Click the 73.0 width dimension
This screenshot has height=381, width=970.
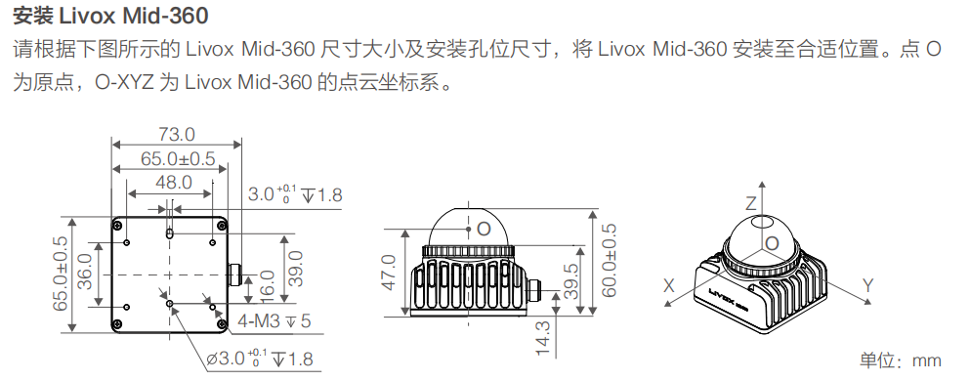tap(176, 134)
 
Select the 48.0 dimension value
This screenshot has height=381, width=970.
tap(173, 183)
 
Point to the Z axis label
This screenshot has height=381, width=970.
tap(751, 203)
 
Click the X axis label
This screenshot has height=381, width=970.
tap(669, 285)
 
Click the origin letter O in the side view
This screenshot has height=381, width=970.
tap(483, 230)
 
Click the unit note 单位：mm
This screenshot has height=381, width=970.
tap(900, 360)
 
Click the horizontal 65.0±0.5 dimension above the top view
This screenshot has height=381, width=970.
tap(177, 158)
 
